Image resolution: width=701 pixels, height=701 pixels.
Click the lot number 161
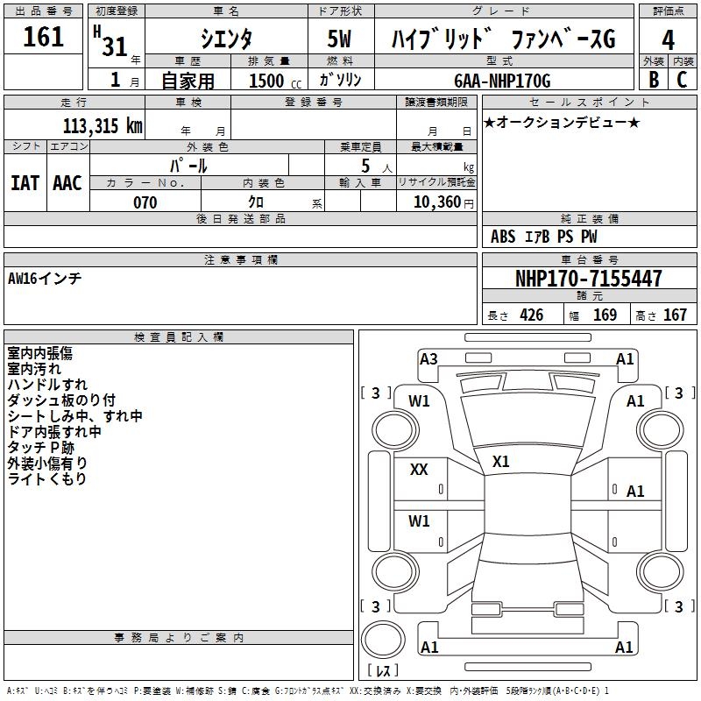pyautogui.click(x=44, y=38)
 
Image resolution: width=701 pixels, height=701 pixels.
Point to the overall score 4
pyautogui.click(x=668, y=40)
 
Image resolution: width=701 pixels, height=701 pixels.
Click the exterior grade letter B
pyautogui.click(x=654, y=80)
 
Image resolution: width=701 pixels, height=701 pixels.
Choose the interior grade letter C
pyautogui.click(x=682, y=80)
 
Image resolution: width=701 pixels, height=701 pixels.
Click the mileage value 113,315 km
pyautogui.click(x=103, y=126)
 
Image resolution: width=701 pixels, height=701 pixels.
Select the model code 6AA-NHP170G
pyautogui.click(x=502, y=81)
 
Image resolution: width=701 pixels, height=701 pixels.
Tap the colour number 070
pyautogui.click(x=145, y=202)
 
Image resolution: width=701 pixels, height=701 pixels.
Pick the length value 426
pyautogui.click(x=531, y=315)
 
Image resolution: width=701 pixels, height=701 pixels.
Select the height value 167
pyautogui.click(x=675, y=315)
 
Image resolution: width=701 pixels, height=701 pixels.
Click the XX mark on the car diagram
pyautogui.click(x=419, y=470)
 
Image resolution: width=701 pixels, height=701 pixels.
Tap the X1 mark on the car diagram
pyautogui.click(x=501, y=462)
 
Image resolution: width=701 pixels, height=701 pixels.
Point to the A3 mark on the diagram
pyautogui.click(x=428, y=359)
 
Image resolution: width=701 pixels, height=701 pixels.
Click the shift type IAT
pyautogui.click(x=25, y=183)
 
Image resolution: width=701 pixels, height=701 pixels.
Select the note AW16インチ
pyautogui.click(x=45, y=279)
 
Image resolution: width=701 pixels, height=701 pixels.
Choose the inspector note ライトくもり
pyautogui.click(x=47, y=479)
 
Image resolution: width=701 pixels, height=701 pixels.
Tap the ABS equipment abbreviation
pyautogui.click(x=503, y=237)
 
